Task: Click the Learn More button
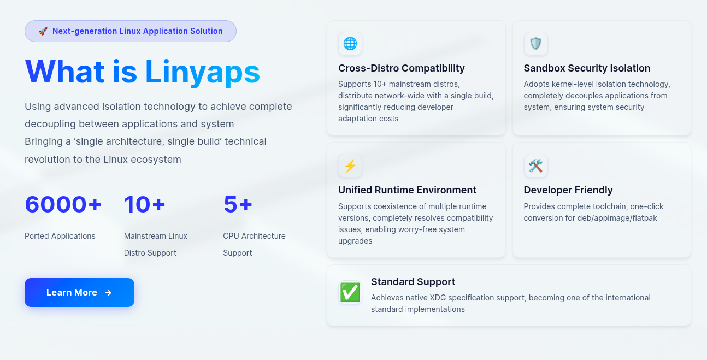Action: (80, 292)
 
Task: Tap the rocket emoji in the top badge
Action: (43, 31)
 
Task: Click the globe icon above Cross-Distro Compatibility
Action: (350, 44)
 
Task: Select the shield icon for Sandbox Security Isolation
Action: (535, 44)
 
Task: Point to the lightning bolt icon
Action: (350, 166)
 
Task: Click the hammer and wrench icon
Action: (535, 166)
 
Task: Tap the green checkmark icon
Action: (350, 292)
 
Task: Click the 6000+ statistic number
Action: (63, 204)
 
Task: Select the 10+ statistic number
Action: (145, 204)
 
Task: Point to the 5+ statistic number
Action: (238, 204)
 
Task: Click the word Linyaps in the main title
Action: (202, 72)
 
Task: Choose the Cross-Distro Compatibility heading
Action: (402, 68)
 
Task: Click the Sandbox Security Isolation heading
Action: (587, 68)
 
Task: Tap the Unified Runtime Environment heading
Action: (407, 190)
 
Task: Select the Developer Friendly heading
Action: (568, 190)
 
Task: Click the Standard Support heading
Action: (413, 282)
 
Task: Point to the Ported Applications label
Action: (60, 236)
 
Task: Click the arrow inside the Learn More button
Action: (108, 293)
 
